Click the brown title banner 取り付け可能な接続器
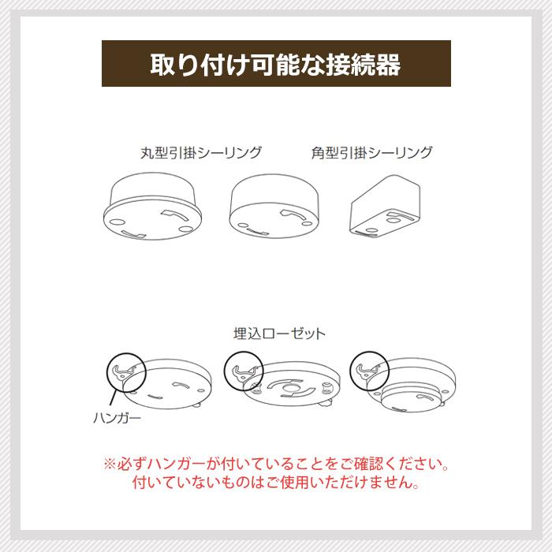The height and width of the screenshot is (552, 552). click(x=276, y=63)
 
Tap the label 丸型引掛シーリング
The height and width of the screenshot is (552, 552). click(x=201, y=153)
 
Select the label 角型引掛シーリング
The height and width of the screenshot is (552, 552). click(x=371, y=153)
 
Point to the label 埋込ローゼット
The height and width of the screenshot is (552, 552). click(x=279, y=334)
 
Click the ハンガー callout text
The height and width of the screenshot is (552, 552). click(x=117, y=418)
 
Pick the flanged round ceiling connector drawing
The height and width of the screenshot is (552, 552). click(x=152, y=207)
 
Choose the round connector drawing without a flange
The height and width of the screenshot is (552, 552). click(x=274, y=207)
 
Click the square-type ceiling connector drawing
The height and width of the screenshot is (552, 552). click(x=385, y=207)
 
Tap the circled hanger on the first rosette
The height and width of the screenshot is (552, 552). click(x=126, y=372)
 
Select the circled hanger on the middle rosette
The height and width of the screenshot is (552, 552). click(x=244, y=371)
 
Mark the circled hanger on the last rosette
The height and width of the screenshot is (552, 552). click(x=369, y=371)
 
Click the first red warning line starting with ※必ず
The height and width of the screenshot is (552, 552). click(x=276, y=464)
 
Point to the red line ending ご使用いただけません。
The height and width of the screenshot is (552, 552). click(x=276, y=483)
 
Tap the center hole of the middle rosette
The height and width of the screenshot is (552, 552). click(x=291, y=389)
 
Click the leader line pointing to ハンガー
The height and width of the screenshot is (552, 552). click(x=113, y=397)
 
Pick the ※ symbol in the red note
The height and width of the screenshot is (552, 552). click(x=110, y=464)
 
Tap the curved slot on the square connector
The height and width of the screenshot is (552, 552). click(x=401, y=215)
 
